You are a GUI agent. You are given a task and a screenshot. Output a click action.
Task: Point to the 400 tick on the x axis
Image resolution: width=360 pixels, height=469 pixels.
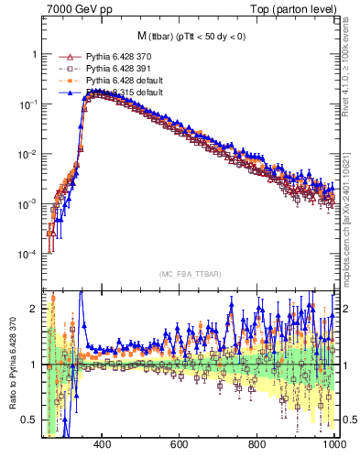(102, 444)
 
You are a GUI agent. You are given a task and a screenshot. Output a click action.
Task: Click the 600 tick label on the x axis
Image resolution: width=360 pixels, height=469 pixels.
(180, 444)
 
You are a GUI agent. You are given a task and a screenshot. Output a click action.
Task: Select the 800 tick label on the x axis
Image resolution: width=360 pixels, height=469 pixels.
(257, 444)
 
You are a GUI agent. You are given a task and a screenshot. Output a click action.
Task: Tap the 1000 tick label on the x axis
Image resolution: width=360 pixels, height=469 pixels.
(333, 444)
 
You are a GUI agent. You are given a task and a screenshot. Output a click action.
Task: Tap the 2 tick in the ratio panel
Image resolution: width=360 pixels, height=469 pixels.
(34, 309)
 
